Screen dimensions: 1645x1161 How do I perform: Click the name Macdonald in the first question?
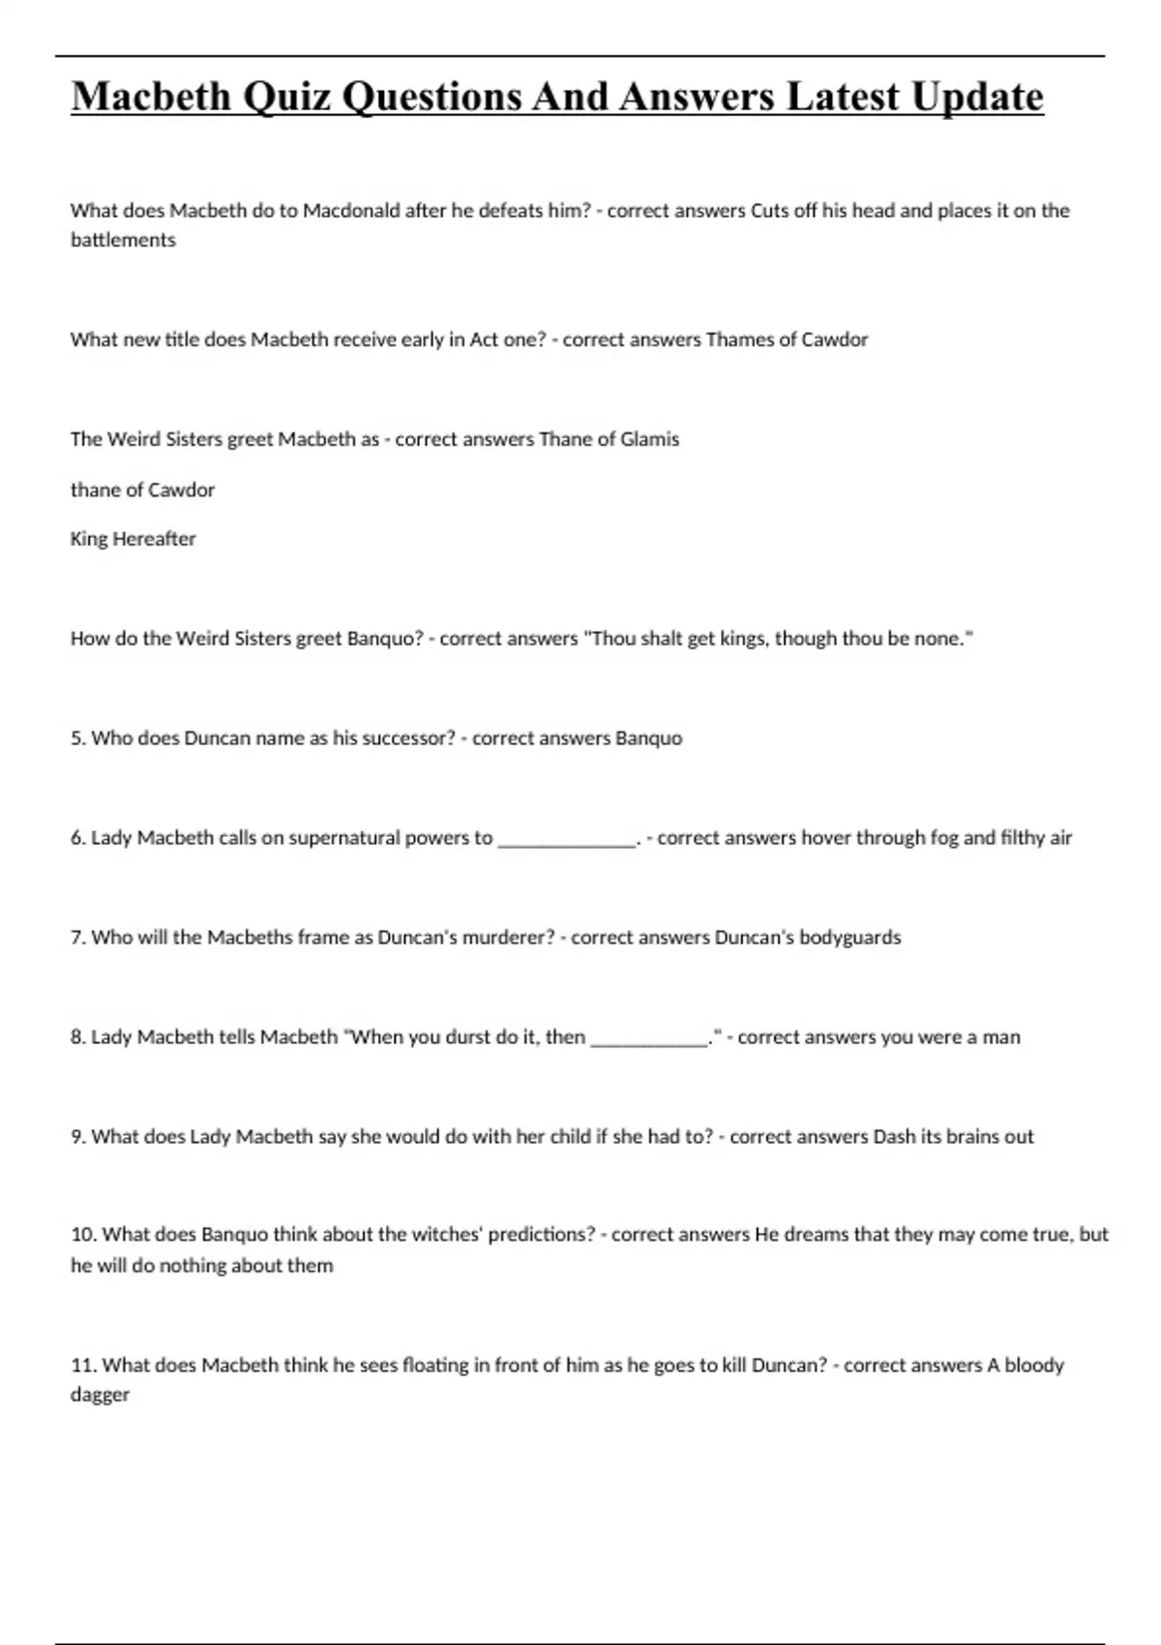351,211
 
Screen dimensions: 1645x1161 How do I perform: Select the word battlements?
123,240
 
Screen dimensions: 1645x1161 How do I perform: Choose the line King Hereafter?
133,539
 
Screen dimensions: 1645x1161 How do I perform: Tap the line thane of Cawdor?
142,490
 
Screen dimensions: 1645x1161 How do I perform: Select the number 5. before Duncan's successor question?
78,738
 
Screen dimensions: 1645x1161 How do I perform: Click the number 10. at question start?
83,1235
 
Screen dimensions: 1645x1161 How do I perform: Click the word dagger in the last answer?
100,1395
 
